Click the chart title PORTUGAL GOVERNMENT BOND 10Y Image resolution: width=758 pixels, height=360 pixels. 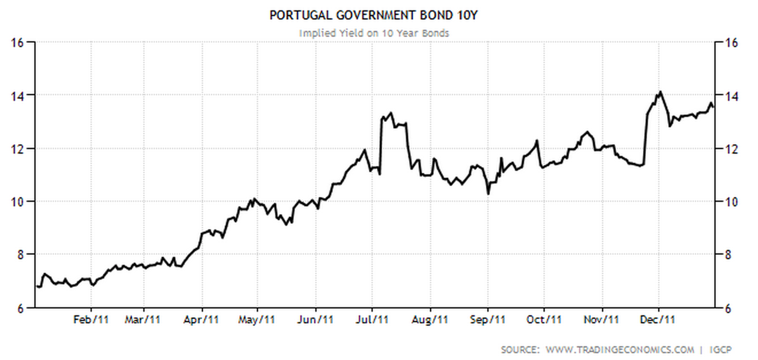pyautogui.click(x=373, y=15)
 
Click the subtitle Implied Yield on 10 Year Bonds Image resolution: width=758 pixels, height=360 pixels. pyautogui.click(x=374, y=33)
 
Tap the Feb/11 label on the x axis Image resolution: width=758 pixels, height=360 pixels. pyautogui.click(x=91, y=320)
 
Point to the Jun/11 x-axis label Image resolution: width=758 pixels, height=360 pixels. pyautogui.click(x=316, y=320)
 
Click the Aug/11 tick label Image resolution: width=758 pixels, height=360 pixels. pyautogui.click(x=430, y=320)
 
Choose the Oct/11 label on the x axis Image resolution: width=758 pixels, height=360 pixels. pyautogui.click(x=544, y=320)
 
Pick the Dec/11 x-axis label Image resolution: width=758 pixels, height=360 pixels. pyautogui.click(x=658, y=320)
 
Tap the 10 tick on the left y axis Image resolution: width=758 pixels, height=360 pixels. pyautogui.click(x=17, y=202)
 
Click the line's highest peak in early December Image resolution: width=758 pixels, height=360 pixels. pyautogui.click(x=661, y=92)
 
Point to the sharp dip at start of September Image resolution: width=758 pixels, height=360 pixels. pyautogui.click(x=488, y=194)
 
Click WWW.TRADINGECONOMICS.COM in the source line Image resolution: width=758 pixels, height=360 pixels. pyautogui.click(x=619, y=350)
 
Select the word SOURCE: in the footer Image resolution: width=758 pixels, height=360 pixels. pyautogui.click(x=519, y=350)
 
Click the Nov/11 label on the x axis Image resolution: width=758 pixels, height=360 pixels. pyautogui.click(x=603, y=320)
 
